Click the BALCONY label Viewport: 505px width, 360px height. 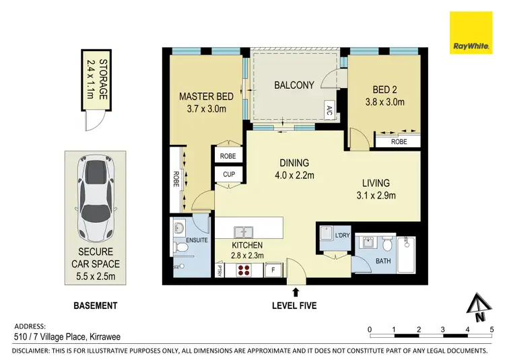[x=294, y=85]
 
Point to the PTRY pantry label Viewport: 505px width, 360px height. [x=220, y=271]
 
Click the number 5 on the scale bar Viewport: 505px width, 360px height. [x=492, y=329]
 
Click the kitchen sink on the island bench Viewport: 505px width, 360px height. [x=244, y=228]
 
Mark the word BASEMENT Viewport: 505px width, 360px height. [x=95, y=305]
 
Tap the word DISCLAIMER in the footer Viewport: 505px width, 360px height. [x=36, y=351]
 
